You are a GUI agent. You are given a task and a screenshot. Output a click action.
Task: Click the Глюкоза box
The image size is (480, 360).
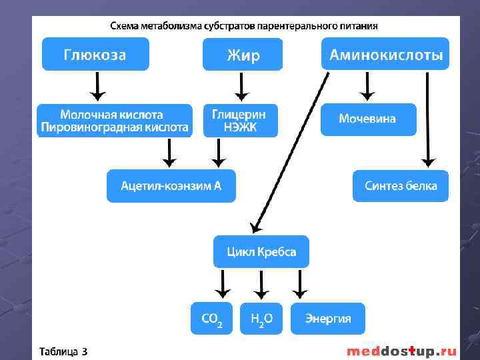point(95,54)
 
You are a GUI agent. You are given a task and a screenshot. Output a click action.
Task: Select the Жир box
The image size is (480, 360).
point(242,55)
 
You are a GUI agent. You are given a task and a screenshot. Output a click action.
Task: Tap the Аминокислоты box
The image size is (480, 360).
point(385,54)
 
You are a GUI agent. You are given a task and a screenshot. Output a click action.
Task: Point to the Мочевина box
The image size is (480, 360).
point(367,119)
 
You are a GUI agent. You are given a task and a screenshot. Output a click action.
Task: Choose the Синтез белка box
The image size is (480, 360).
point(400,186)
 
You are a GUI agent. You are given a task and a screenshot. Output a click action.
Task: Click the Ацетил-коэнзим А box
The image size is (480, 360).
point(171,186)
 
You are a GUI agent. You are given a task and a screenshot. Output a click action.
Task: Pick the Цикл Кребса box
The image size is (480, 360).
point(261,252)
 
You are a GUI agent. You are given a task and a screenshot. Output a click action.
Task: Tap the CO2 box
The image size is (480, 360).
point(212,319)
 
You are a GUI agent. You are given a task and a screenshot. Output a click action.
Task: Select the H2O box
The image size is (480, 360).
point(261,319)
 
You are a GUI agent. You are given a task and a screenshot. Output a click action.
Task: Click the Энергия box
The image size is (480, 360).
point(328,319)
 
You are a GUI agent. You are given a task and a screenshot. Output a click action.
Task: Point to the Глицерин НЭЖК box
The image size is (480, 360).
point(239,121)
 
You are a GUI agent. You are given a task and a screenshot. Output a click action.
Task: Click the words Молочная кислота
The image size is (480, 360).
point(111,115)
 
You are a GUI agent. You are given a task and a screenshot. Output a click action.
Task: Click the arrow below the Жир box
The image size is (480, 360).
point(241,87)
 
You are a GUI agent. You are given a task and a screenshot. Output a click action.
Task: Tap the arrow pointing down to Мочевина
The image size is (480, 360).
point(366,85)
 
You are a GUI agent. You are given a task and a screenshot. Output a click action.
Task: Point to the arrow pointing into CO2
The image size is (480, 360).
point(221,285)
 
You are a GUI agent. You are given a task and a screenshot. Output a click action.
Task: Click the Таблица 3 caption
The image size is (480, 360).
point(63,351)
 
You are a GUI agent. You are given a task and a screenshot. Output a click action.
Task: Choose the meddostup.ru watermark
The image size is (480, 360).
point(401,351)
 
